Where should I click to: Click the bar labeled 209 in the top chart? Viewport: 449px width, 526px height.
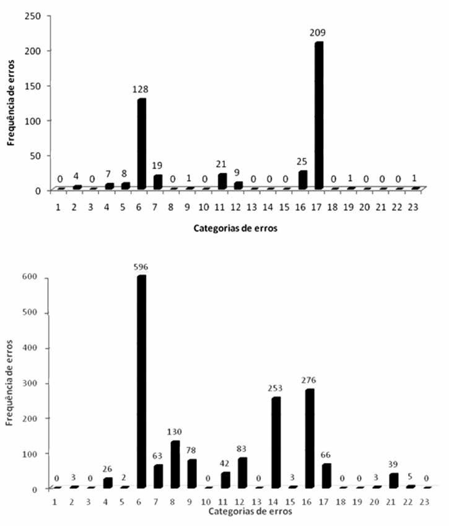tap(319, 115)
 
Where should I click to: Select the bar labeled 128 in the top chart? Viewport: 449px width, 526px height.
tap(142, 143)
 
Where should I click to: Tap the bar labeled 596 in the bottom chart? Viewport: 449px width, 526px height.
tap(142, 381)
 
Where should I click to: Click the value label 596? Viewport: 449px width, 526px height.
tap(141, 267)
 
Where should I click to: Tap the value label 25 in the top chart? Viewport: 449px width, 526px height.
tap(303, 162)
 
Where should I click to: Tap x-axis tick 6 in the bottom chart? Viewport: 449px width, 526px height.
tap(141, 502)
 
